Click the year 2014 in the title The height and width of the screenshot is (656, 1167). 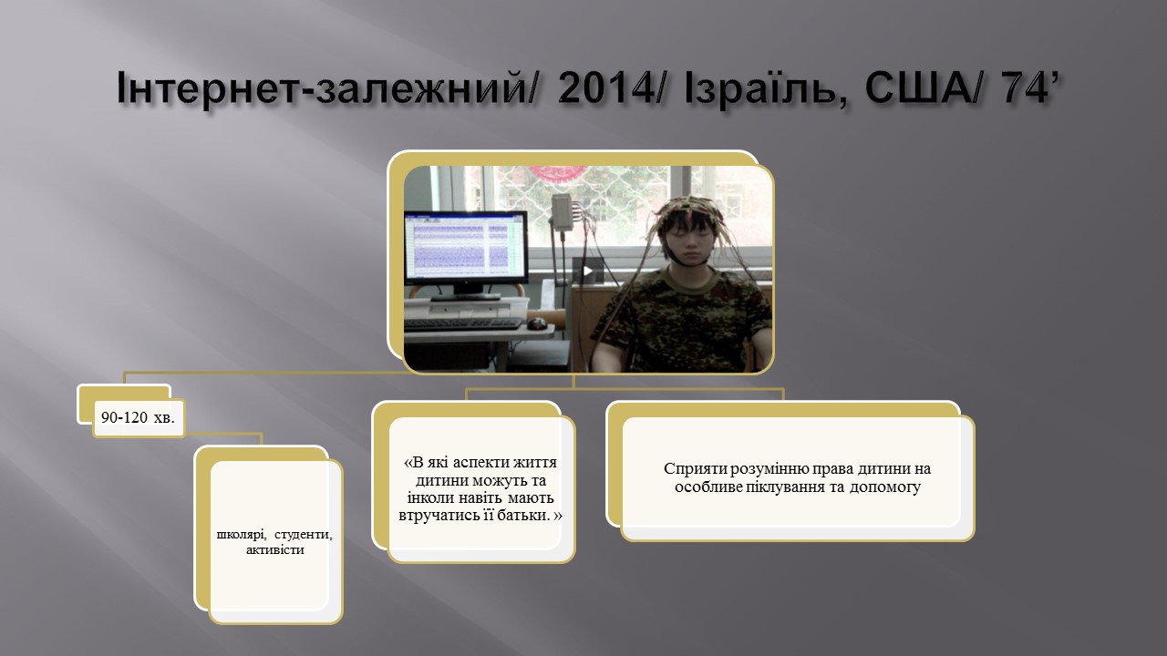(606, 87)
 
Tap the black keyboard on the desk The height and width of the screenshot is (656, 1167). (462, 323)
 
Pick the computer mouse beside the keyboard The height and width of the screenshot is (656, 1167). (538, 323)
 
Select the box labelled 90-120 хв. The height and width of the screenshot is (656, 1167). (139, 417)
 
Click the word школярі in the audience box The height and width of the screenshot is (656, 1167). (242, 534)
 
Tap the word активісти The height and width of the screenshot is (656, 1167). (275, 549)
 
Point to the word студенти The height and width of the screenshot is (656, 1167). (304, 534)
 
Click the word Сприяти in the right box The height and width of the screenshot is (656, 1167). (695, 468)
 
